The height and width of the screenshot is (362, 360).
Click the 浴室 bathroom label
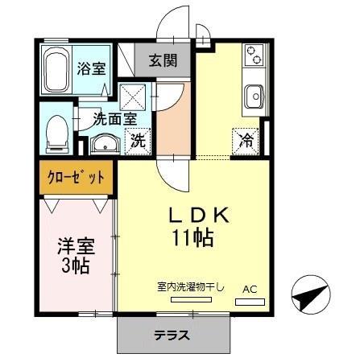click(x=90, y=67)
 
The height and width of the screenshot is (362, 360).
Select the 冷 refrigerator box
click(x=246, y=141)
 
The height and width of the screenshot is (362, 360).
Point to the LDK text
click(x=201, y=216)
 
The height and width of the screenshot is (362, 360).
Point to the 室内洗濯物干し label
click(x=191, y=286)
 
